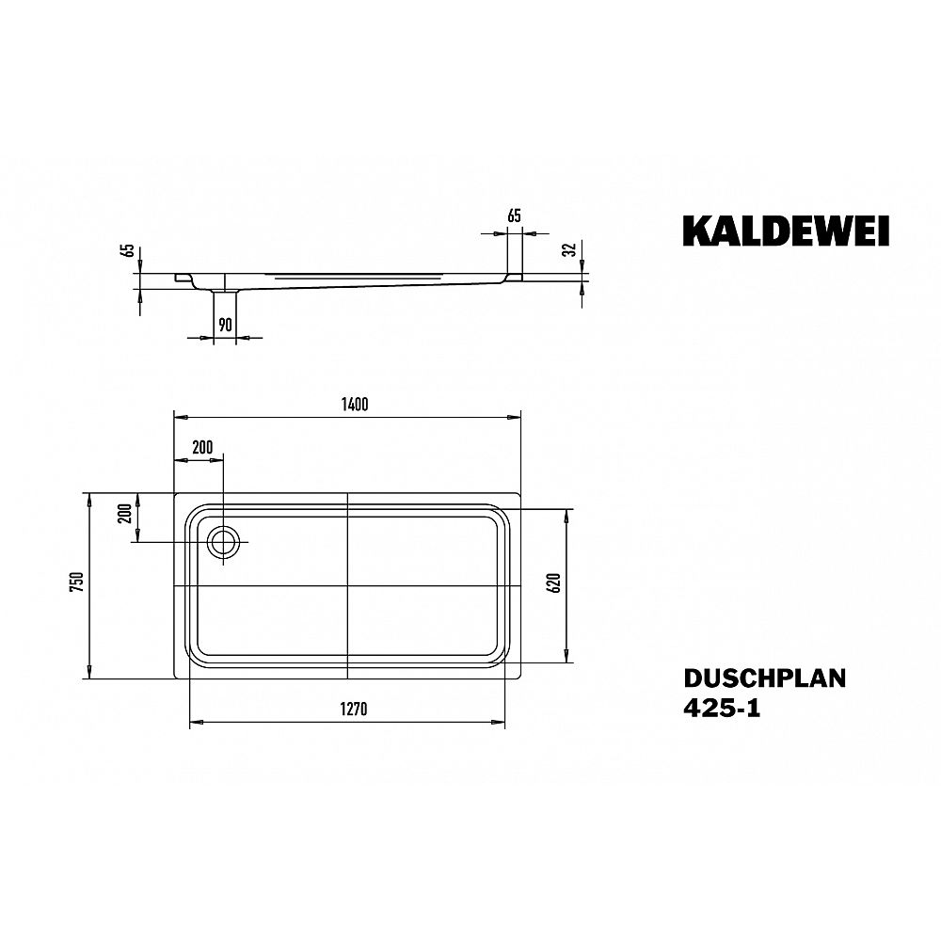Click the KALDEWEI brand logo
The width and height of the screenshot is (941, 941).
[x=786, y=231]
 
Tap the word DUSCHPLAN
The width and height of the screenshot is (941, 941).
[x=763, y=679]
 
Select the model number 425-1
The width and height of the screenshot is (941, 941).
[x=722, y=710]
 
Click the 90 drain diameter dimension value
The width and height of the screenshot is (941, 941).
[x=225, y=325]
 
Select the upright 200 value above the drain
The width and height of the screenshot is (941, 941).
[x=200, y=447]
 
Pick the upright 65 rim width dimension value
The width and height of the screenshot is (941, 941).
[x=514, y=216]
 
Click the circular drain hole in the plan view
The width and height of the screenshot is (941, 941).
[x=225, y=542]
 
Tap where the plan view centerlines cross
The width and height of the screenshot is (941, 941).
[x=348, y=585]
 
